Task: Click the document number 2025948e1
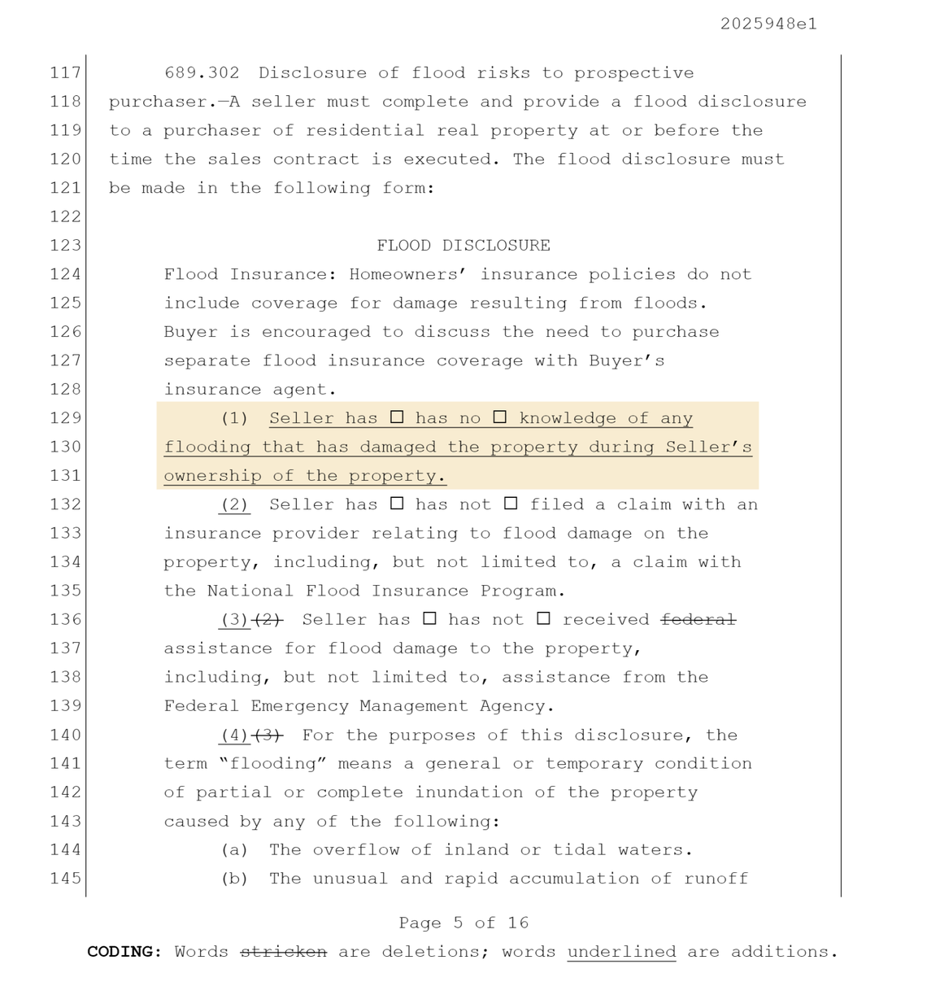768,24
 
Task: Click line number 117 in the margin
65,73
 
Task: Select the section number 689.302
202,73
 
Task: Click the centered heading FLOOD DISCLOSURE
463,246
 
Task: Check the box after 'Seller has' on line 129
397,417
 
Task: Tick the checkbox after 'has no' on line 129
500,417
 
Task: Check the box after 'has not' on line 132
511,504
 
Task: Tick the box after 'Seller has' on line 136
429,619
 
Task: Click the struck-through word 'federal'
699,619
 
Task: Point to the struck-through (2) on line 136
268,620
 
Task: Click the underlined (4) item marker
235,735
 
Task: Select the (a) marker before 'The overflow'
235,850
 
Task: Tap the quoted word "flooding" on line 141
272,764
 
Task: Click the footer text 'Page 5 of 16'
463,923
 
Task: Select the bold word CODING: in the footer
124,952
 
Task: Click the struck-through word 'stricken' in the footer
284,952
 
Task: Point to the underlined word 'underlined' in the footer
621,952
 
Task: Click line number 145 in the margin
65,879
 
